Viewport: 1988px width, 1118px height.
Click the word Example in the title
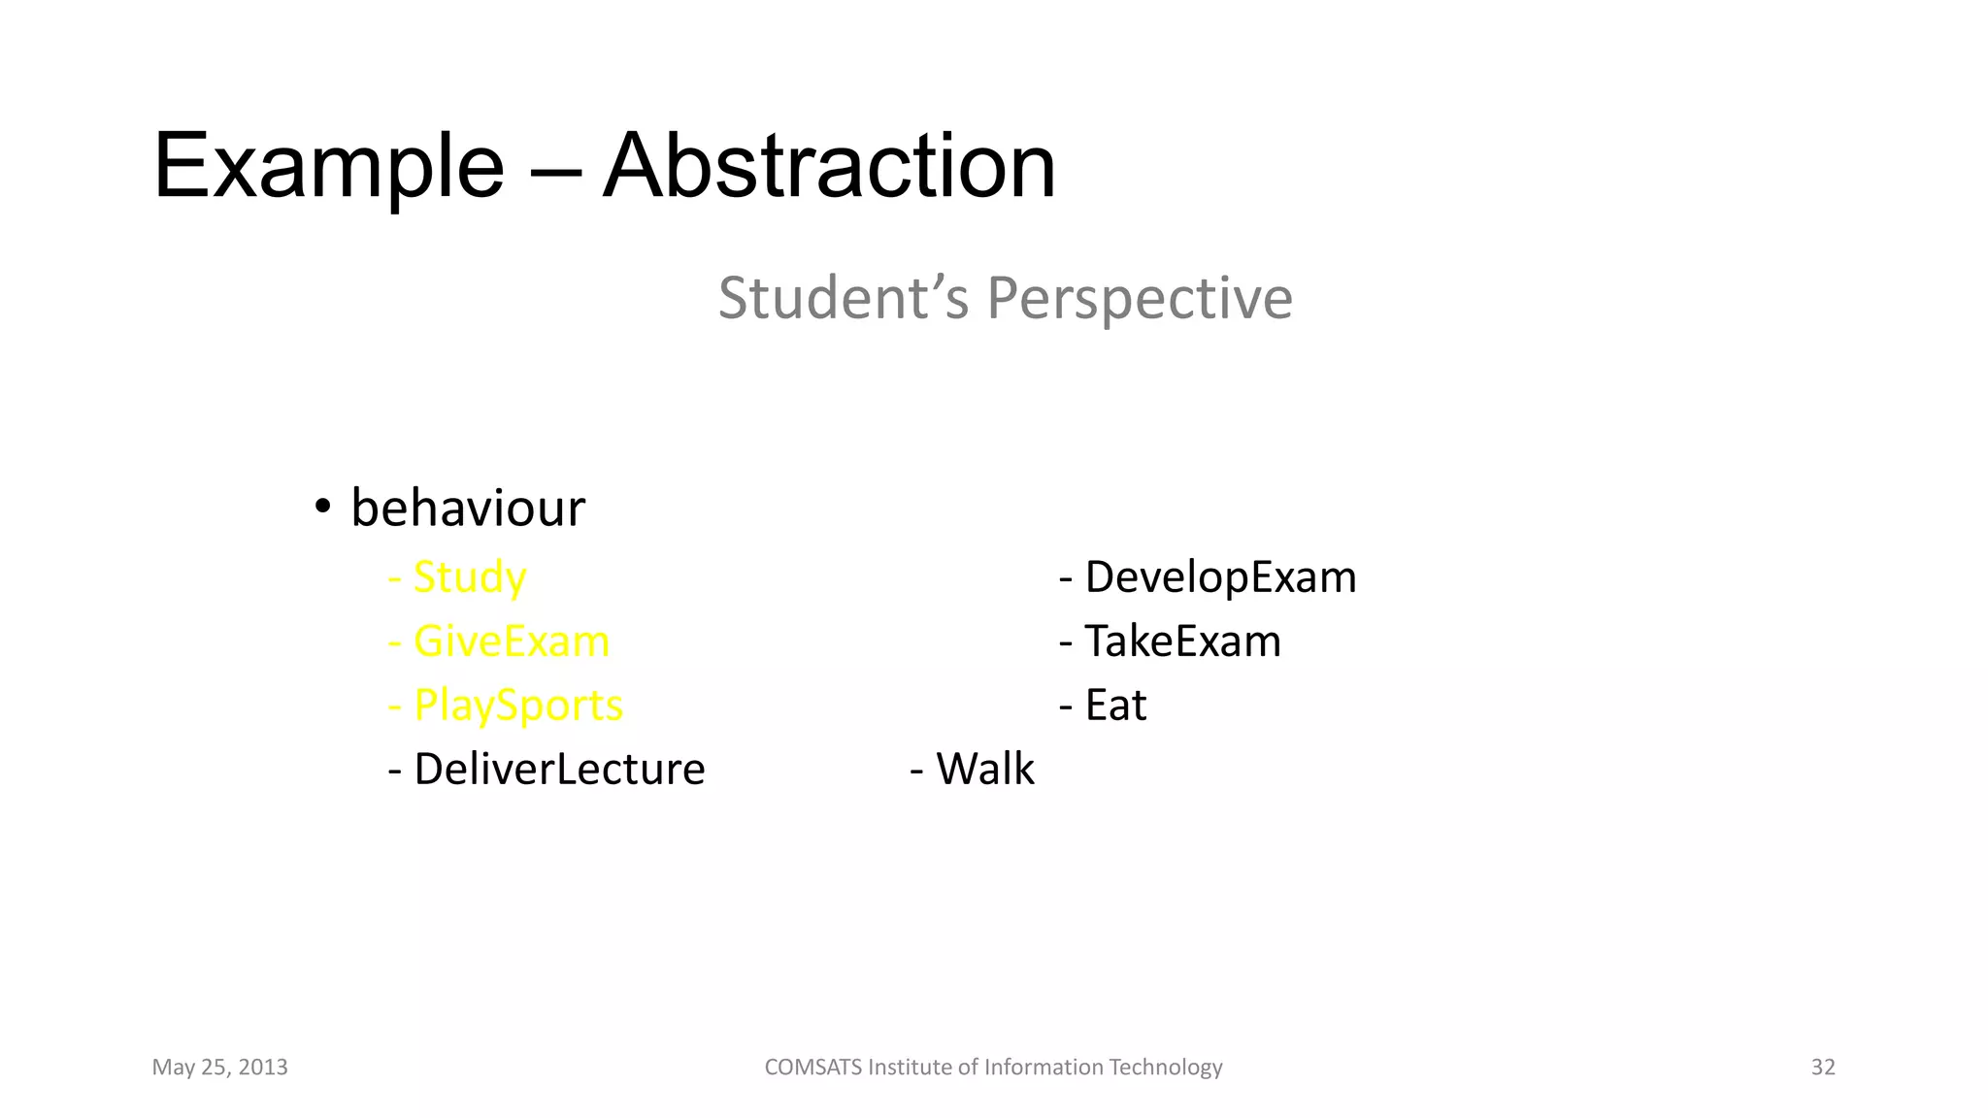[328, 167]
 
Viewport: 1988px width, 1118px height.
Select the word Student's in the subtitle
[843, 298]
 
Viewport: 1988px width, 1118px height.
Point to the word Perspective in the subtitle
[1140, 298]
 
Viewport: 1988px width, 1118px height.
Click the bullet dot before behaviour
[323, 507]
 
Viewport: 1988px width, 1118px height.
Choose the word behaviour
[468, 508]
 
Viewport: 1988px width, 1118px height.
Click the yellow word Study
[470, 577]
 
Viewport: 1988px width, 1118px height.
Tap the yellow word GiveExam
[512, 641]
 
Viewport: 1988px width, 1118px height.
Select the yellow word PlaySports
[518, 706]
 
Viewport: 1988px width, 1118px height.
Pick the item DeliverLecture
[559, 770]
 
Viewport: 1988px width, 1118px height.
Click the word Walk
[984, 770]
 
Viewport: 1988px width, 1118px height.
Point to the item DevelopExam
[1220, 577]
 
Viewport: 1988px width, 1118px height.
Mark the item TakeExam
[1182, 641]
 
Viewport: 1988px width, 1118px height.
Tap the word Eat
[1115, 706]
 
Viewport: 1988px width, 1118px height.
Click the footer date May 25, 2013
[219, 1068]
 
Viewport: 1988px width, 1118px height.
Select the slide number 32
[1823, 1068]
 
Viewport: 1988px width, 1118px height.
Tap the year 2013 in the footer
[263, 1068]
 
